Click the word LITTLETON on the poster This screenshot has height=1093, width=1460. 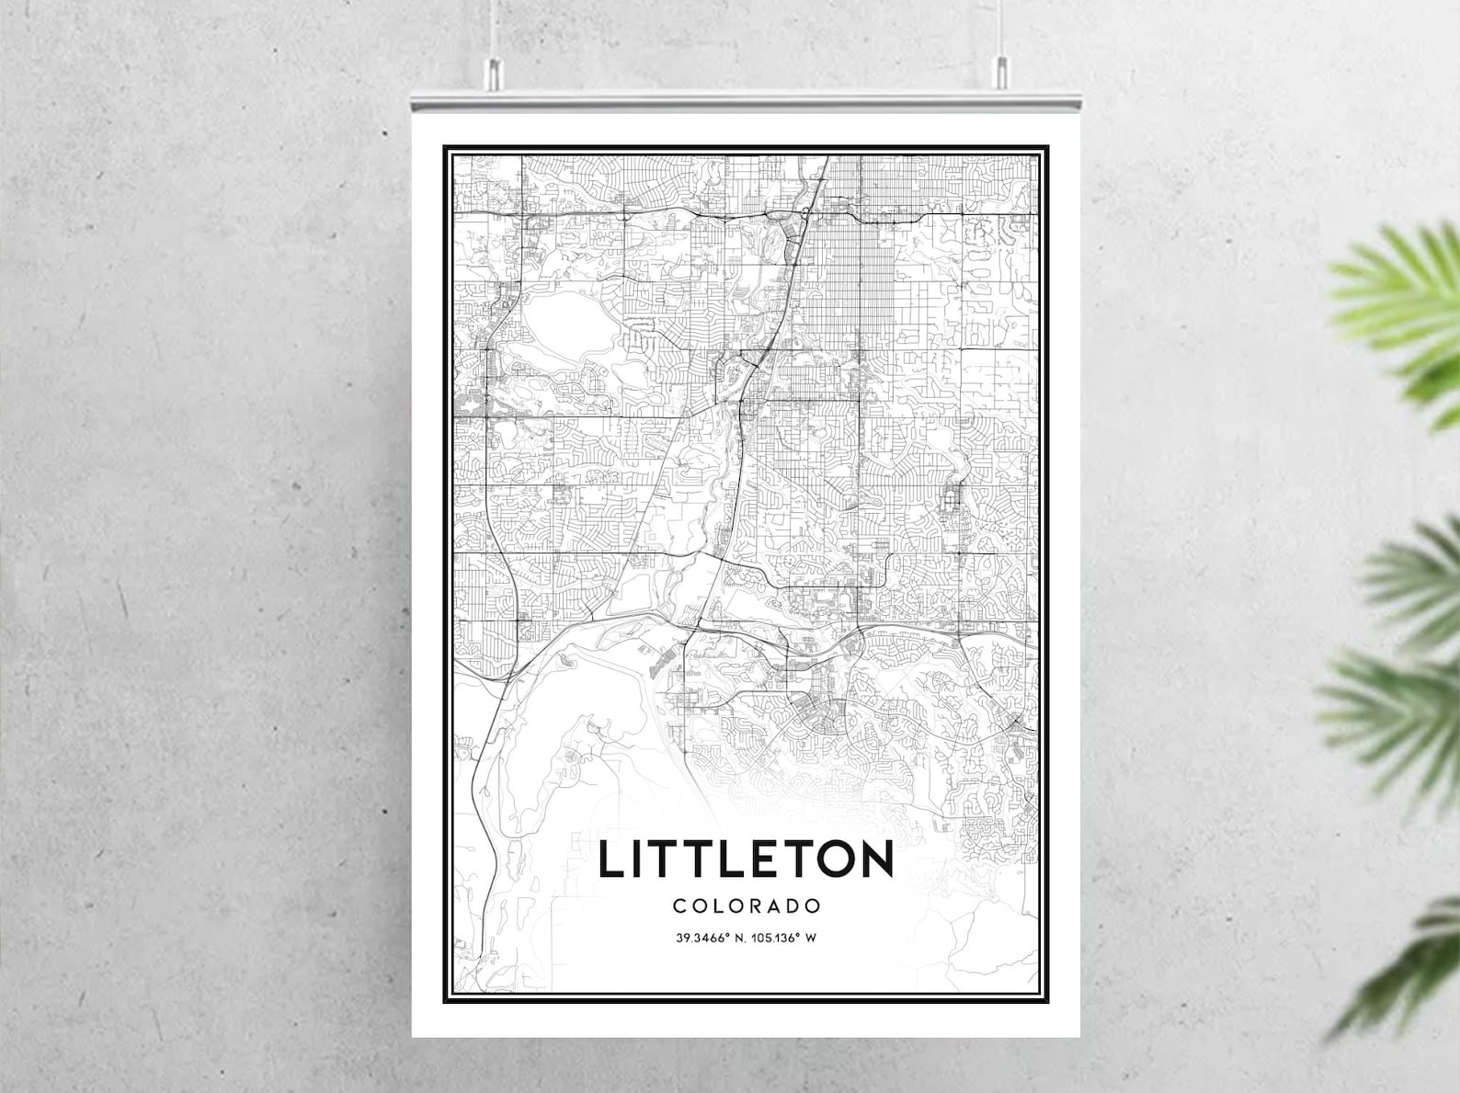pos(746,860)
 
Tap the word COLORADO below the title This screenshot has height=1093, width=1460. pos(747,905)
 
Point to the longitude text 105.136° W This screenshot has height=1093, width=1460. pos(784,939)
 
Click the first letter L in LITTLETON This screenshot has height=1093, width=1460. pos(610,860)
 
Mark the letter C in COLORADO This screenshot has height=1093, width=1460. pos(679,905)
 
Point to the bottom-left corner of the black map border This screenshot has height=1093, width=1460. pos(446,999)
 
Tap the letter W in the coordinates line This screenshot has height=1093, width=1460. pos(812,939)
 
